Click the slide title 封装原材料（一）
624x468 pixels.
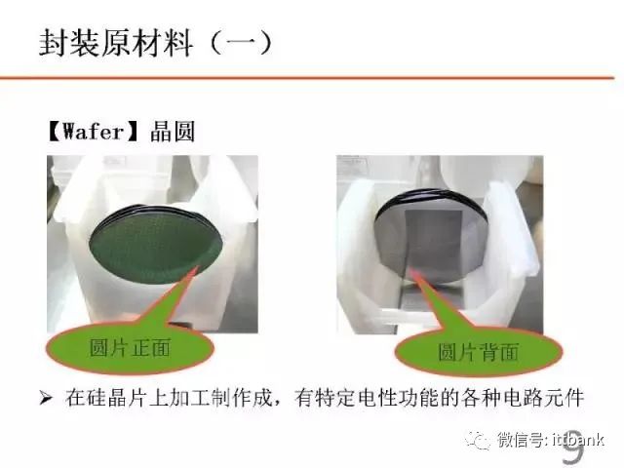[156, 43]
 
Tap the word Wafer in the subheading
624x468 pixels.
[94, 132]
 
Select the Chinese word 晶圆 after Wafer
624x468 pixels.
[173, 132]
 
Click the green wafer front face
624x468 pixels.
[155, 246]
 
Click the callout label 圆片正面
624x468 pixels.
[130, 348]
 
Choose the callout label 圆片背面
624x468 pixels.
[478, 351]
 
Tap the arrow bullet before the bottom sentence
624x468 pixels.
[46, 398]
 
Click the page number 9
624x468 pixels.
[573, 446]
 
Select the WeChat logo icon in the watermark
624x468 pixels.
[478, 440]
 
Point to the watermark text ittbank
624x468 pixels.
[578, 440]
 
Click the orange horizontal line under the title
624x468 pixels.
[306, 77]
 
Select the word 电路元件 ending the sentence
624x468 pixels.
[544, 398]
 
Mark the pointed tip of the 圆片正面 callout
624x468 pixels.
[198, 266]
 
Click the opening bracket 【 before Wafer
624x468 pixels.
[54, 132]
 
